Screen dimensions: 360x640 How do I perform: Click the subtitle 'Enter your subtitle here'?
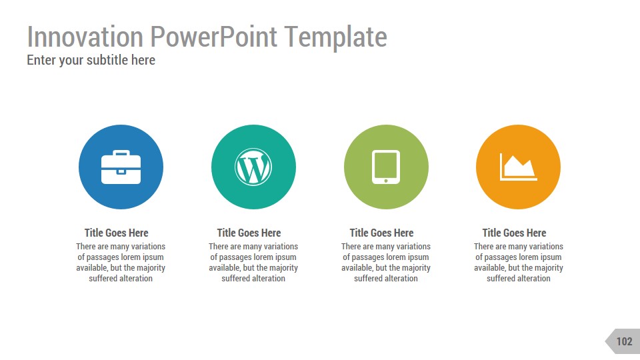click(91, 60)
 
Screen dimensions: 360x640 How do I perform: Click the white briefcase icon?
click(121, 167)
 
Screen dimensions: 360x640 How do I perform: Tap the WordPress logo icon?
click(253, 167)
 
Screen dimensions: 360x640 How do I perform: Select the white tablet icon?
click(385, 167)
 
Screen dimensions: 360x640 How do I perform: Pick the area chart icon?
click(518, 167)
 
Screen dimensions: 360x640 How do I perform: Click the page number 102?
click(624, 341)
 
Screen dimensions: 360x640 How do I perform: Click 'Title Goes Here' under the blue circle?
click(116, 233)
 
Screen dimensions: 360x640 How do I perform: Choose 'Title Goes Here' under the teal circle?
click(249, 233)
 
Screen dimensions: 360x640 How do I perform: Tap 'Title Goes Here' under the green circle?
click(381, 233)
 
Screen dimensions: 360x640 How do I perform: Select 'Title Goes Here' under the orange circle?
click(514, 233)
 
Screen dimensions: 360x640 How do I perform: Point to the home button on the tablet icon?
click(385, 180)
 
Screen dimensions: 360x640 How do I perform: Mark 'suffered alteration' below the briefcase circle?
click(121, 278)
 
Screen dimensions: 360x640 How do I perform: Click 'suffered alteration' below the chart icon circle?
click(519, 278)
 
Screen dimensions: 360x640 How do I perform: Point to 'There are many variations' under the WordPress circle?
click(253, 247)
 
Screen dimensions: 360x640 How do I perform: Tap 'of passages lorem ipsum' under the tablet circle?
click(386, 257)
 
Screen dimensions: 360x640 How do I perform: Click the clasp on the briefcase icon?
click(121, 171)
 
